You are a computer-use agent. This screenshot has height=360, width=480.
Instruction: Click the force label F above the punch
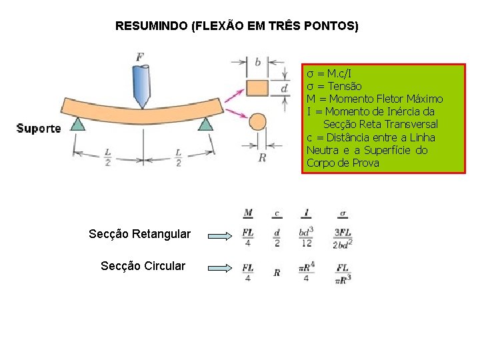pos(140,57)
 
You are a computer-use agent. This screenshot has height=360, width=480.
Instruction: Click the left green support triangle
pos(78,123)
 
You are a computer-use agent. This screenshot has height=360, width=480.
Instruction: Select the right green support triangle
pos(205,123)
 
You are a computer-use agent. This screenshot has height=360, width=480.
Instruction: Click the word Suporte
pos(38,128)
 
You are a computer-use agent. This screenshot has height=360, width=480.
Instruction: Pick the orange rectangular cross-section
pos(257,88)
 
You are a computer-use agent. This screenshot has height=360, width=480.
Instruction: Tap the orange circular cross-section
pos(257,121)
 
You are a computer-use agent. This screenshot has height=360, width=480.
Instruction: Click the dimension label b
pos(257,63)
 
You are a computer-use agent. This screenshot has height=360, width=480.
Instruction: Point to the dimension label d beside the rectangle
pos(284,88)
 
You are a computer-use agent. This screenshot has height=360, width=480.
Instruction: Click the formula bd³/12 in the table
pos(306,237)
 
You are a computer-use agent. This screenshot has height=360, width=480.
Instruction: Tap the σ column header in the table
pos(343,214)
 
